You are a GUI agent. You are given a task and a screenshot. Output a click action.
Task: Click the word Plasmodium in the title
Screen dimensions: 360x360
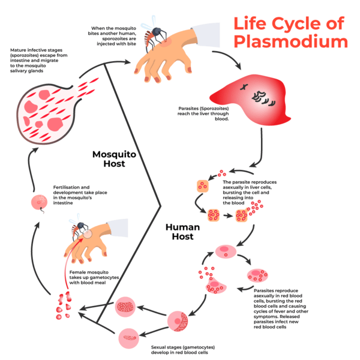[x=290, y=42]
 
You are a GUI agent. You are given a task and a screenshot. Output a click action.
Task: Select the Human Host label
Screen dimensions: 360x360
[x=187, y=232]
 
